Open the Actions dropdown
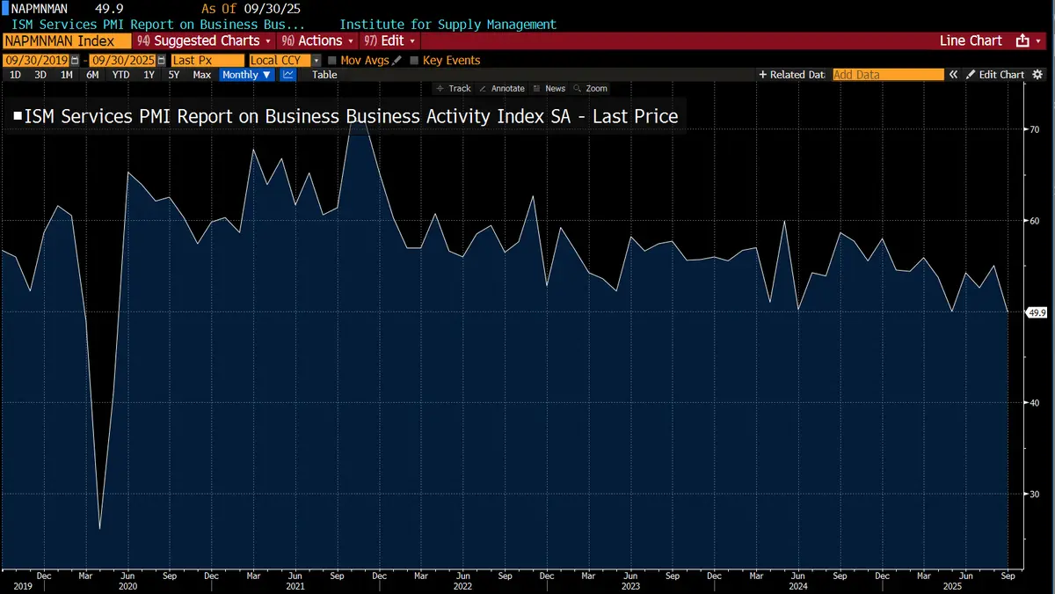(x=318, y=41)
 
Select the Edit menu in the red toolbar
(x=391, y=41)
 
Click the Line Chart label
(x=971, y=41)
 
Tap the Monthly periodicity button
(x=246, y=75)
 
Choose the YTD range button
(x=120, y=75)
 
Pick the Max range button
(x=201, y=75)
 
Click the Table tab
(x=324, y=75)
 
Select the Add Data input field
(x=887, y=75)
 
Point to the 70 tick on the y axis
(x=1035, y=129)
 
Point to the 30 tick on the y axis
(x=1035, y=494)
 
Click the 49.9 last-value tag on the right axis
(x=1037, y=312)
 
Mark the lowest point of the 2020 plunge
(x=99, y=528)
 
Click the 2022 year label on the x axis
(x=462, y=585)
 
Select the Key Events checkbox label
(x=451, y=61)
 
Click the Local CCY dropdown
(x=285, y=61)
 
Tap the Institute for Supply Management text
(x=447, y=25)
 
